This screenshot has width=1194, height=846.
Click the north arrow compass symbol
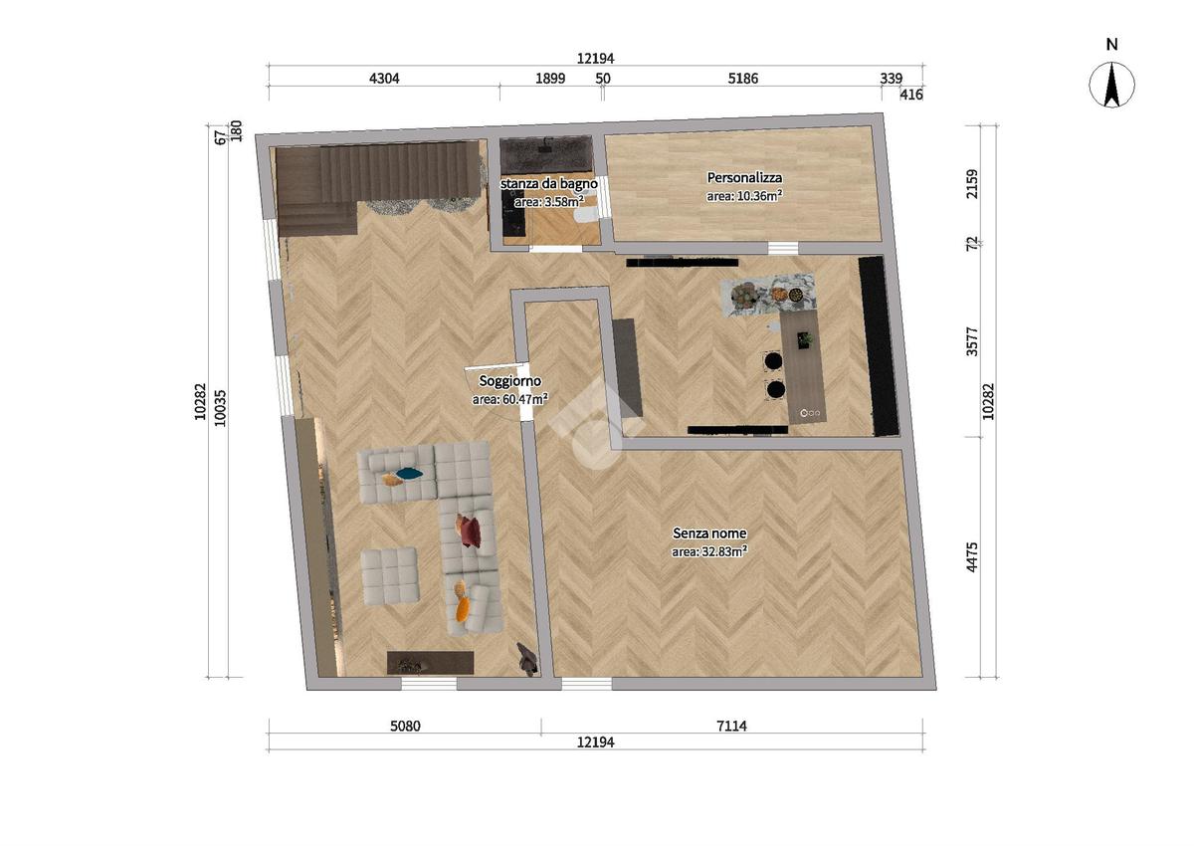[1111, 85]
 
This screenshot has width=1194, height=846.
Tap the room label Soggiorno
[509, 380]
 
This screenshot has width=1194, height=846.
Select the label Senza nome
[708, 532]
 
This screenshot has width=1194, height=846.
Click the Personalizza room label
[744, 177]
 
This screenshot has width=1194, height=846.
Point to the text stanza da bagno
[548, 183]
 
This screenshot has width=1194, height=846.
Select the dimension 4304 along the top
[384, 79]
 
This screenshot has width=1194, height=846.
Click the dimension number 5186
[742, 79]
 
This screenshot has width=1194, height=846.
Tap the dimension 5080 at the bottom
[405, 726]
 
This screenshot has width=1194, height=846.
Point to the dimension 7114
[731, 726]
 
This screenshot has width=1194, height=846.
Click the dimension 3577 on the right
[972, 341]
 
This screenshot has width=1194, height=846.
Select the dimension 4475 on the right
[972, 557]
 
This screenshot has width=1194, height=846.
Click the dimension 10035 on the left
[220, 408]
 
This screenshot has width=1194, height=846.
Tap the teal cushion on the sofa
[409, 473]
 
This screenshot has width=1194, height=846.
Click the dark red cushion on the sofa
[470, 532]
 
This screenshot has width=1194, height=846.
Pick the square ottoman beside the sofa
[389, 576]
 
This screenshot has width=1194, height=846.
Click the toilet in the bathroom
[585, 214]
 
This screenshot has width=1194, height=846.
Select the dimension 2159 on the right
[972, 184]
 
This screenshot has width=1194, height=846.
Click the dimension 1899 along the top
[550, 79]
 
